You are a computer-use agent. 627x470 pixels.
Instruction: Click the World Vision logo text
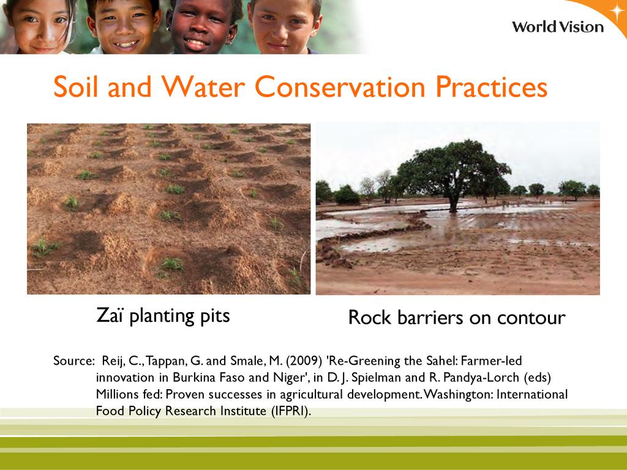click(558, 27)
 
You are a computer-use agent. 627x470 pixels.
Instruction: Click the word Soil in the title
click(75, 86)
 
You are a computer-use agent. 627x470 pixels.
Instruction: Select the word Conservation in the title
click(339, 87)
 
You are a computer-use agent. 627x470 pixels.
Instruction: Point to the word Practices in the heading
click(492, 87)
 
